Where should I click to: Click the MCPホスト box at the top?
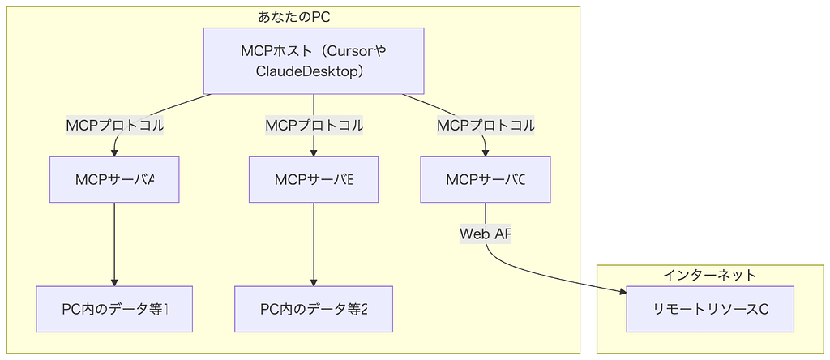tap(314, 61)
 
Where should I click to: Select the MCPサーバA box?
tap(114, 179)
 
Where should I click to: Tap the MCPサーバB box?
tap(314, 179)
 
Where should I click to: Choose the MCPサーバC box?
tap(486, 179)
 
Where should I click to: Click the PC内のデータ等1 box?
tap(114, 309)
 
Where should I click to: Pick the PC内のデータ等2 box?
tap(314, 309)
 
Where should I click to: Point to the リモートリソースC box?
tap(710, 309)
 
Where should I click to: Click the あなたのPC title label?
tap(294, 16)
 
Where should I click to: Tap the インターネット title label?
tap(710, 275)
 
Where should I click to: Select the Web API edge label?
tap(486, 234)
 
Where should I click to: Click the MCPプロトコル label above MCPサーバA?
tap(114, 126)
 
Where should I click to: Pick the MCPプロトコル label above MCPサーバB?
tap(314, 126)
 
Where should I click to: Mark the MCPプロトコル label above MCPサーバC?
tap(486, 126)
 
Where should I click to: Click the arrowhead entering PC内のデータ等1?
tap(114, 281)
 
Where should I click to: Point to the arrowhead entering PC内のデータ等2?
tap(314, 281)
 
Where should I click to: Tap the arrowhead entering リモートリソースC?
tap(622, 294)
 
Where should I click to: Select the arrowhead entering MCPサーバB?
tap(314, 152)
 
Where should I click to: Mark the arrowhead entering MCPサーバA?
tap(114, 152)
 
